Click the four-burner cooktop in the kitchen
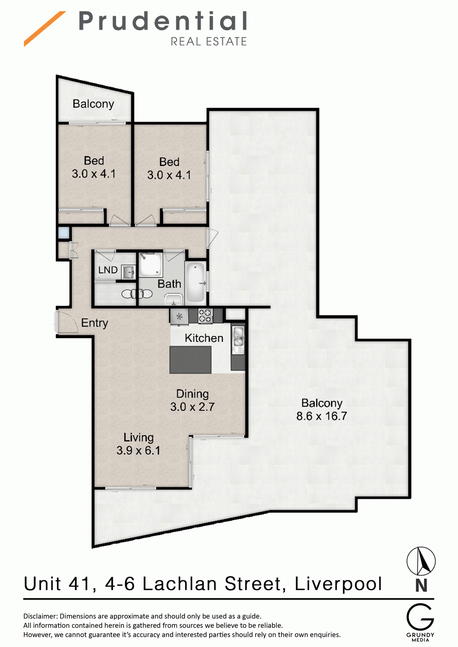tap(205, 316)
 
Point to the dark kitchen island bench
tap(190, 360)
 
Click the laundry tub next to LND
tap(127, 272)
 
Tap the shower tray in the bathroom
tap(151, 264)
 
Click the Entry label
tap(94, 323)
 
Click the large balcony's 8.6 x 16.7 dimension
tap(321, 416)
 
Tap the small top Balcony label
tap(93, 104)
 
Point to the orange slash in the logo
tap(44, 29)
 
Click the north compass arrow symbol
tap(421, 561)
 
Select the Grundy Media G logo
tap(420, 617)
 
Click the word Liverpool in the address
tap(339, 584)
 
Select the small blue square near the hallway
tap(64, 233)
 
